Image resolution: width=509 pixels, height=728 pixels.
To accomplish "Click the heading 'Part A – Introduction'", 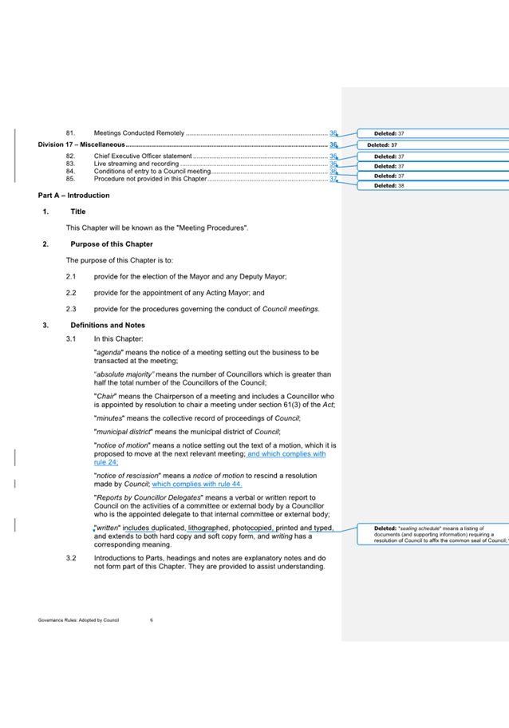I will pos(73,196).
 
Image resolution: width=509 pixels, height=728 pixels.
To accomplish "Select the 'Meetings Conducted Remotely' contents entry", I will pos(139,133).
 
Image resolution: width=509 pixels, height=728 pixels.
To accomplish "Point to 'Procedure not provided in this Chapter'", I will pos(150,179).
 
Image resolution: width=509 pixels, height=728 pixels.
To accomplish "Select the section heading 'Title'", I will pos(78,212).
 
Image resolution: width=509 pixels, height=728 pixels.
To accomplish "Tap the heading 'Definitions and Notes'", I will pos(108,325).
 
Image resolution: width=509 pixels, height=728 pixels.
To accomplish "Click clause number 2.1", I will pos(71,276).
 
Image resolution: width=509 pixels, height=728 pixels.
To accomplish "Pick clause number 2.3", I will pos(71,309).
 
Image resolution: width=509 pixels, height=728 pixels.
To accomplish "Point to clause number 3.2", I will pos(71,557).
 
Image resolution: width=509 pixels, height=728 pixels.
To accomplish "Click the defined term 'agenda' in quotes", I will pos(110,352).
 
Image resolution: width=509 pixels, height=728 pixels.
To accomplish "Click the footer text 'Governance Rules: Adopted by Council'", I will pos(78,619).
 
